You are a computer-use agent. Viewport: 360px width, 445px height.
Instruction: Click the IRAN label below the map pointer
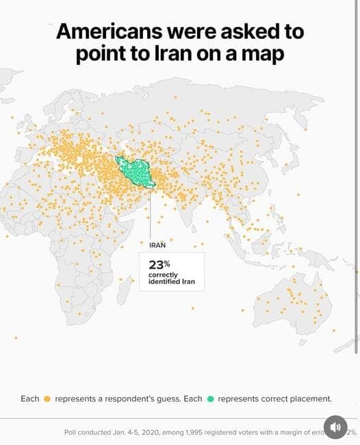[157, 244]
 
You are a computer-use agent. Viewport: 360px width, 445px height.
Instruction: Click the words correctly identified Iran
[172, 279]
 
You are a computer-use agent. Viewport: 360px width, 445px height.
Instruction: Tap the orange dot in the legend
[47, 398]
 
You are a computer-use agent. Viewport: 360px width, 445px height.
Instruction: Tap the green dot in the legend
[210, 398]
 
